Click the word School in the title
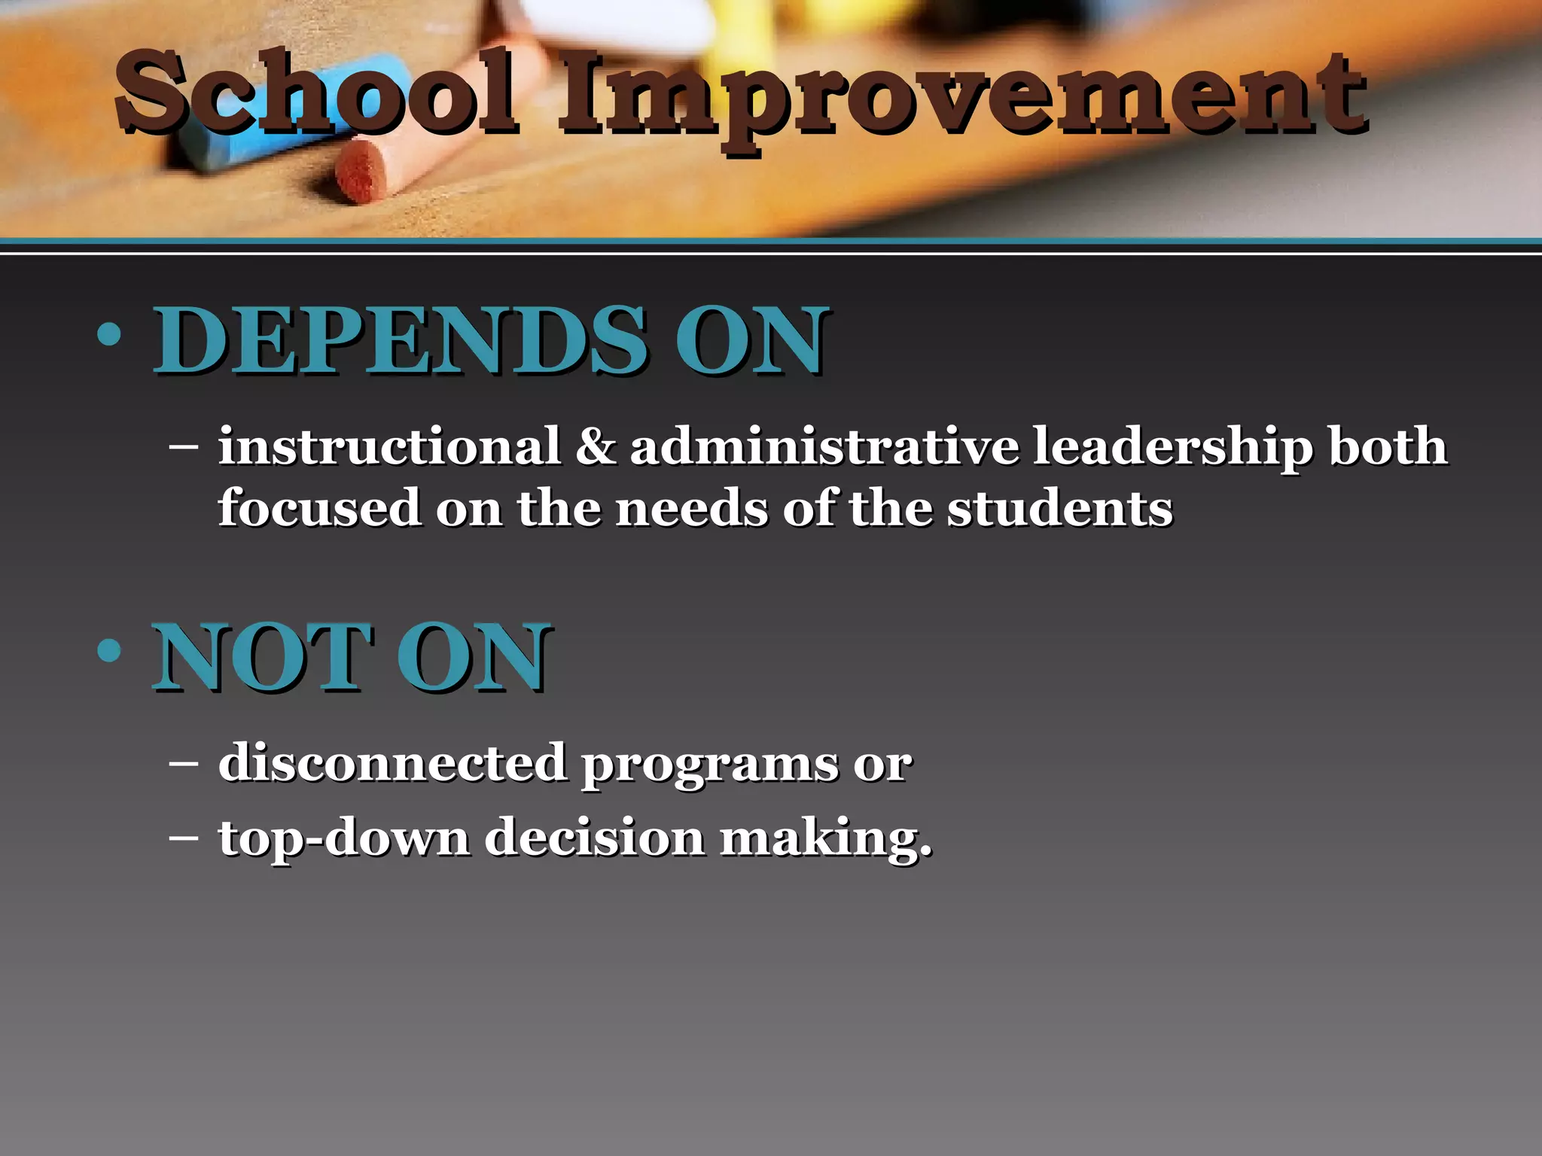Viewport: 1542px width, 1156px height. pyautogui.click(x=316, y=94)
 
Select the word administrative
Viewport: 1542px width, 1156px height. pyautogui.click(x=824, y=446)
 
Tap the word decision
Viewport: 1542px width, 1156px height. pyautogui.click(x=595, y=837)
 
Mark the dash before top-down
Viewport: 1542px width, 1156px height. pyautogui.click(x=184, y=837)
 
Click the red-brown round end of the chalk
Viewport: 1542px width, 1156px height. pyautogui.click(x=361, y=171)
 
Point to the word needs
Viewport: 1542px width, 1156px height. pyautogui.click(x=692, y=508)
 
